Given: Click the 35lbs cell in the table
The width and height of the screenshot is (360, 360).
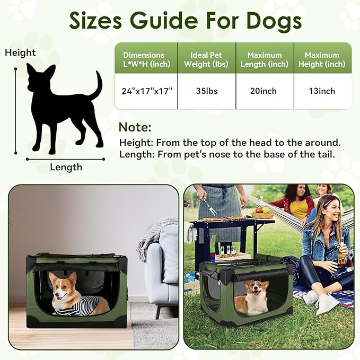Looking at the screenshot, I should point(206,91).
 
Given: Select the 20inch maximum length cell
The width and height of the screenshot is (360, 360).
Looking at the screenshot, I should point(264,91).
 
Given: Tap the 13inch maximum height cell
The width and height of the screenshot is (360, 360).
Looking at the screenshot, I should point(322,91).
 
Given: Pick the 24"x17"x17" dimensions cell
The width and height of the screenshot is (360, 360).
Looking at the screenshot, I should point(147,91).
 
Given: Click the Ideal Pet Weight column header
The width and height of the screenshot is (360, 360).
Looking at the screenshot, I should point(206,59).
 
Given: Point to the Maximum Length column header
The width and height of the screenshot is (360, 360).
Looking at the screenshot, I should point(264,59).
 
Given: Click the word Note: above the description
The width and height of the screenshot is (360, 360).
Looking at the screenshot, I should point(135,127).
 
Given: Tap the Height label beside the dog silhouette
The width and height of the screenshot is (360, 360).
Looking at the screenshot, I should point(20,52).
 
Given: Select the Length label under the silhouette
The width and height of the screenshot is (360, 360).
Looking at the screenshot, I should point(66,167).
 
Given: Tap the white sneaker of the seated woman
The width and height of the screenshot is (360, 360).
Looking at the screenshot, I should point(327,303).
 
